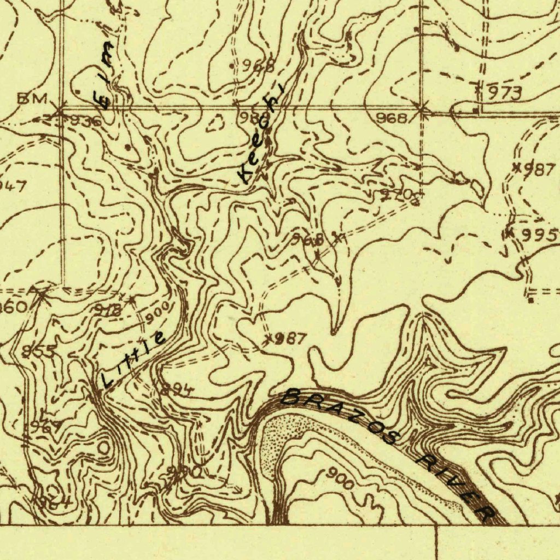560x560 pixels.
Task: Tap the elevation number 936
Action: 85,121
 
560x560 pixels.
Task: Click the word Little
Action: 133,360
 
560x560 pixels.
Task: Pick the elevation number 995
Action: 539,236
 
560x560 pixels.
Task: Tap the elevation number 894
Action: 177,390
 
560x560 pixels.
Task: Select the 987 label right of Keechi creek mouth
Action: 290,339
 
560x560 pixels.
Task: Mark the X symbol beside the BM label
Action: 59,111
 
